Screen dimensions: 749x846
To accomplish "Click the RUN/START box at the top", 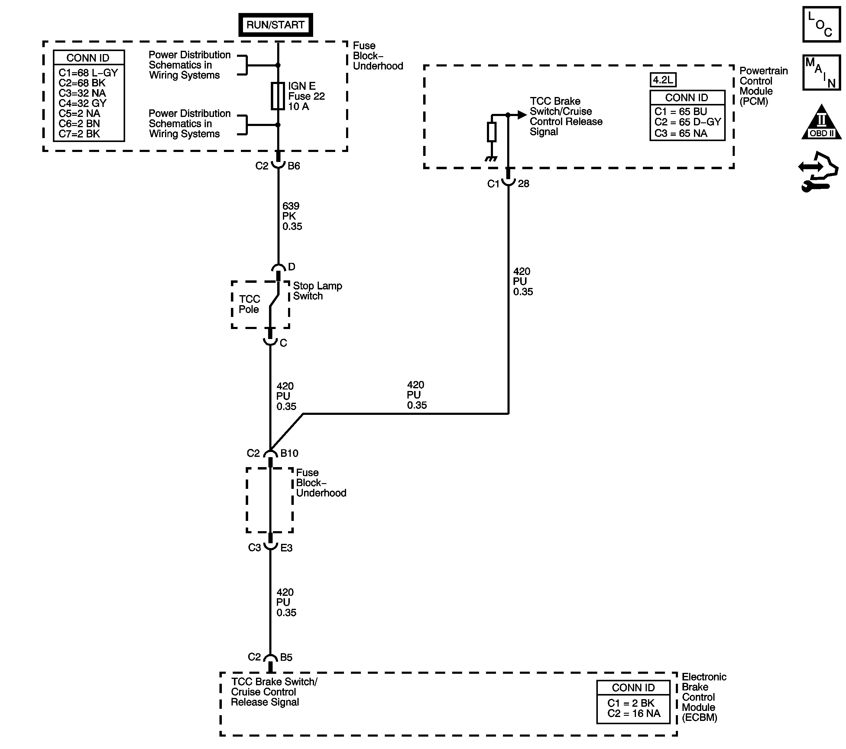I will [275, 25].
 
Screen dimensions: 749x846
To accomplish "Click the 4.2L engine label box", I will [663, 80].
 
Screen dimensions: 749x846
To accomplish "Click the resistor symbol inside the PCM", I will [491, 132].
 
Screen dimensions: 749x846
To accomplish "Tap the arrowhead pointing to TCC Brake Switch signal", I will [522, 115].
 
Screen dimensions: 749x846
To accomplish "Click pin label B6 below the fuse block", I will [294, 166].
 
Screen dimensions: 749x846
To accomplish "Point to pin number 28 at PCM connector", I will [523, 184].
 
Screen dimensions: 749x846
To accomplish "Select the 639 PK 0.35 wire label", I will [292, 216].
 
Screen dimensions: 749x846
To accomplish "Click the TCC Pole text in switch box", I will [249, 304].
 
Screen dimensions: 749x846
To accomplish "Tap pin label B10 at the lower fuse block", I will [289, 453].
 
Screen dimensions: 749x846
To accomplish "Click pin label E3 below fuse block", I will [287, 548].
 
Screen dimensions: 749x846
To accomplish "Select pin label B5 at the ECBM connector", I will [286, 657].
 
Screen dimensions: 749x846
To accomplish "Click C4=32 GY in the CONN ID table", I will [83, 103].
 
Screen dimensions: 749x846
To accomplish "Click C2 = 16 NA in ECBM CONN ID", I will [634, 713].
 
